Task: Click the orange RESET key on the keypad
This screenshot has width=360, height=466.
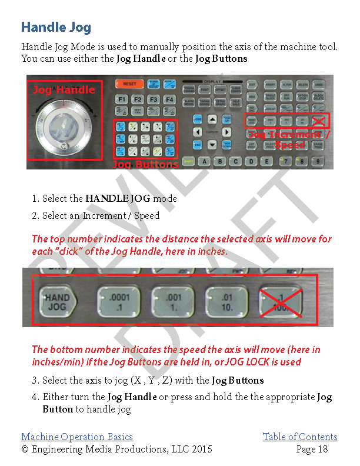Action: [x=129, y=84]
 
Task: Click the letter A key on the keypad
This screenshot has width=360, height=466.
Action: [x=205, y=161]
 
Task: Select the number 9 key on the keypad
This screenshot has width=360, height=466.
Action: [x=318, y=161]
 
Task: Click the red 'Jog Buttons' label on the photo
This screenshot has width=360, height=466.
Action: [x=145, y=164]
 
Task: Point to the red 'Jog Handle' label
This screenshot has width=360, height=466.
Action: [x=63, y=89]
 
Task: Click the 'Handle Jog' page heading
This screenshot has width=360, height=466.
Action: [x=56, y=27]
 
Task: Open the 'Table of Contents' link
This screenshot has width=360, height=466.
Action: [x=300, y=437]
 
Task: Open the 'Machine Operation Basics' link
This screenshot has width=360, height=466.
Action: [x=77, y=437]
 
